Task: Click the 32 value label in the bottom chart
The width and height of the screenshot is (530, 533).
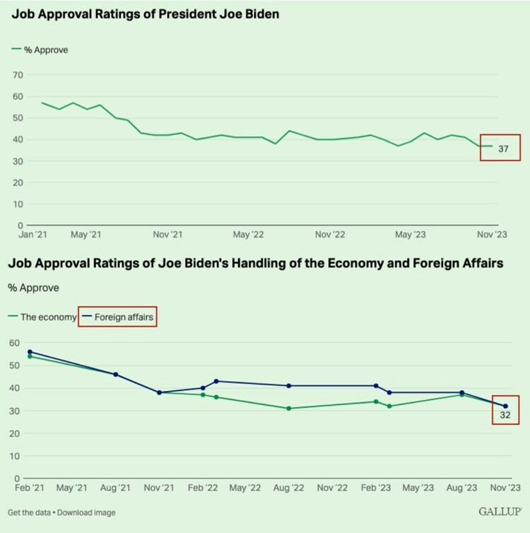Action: [x=506, y=414]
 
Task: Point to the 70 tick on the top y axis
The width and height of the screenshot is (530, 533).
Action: [x=19, y=74]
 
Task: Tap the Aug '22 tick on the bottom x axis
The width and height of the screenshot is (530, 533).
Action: [x=288, y=488]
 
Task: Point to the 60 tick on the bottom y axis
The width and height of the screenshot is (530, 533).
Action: [x=13, y=343]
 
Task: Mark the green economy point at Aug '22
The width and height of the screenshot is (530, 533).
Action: [x=289, y=409]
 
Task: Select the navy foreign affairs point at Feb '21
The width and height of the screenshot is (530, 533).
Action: [x=30, y=351]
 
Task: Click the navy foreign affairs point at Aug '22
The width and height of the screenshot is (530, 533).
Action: [x=289, y=385]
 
